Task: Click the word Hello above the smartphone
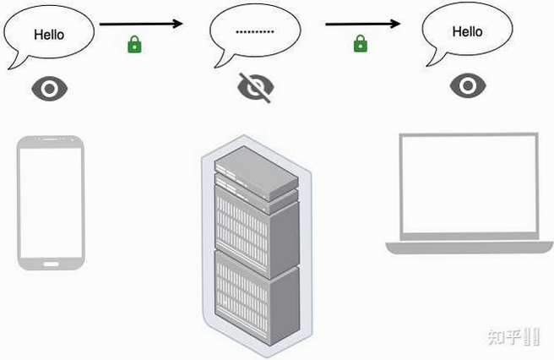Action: coord(49,35)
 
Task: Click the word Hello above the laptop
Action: coord(468,32)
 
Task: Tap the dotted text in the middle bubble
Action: coord(255,32)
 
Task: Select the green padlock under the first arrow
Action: coord(134,44)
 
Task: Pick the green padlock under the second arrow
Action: coord(361,43)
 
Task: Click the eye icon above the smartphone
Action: coord(50,89)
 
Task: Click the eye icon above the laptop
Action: coord(468,85)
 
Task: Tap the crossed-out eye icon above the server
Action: coord(255,87)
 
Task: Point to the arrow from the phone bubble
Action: coord(141,24)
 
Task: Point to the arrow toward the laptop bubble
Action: coord(363,24)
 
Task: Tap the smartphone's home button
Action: coord(51,265)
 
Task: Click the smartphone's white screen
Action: coord(51,203)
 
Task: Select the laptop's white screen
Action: coord(469,184)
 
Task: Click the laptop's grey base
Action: coord(470,248)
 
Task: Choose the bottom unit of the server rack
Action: coord(257,297)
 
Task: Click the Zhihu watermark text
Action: coord(513,336)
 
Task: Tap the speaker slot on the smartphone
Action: coord(51,139)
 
